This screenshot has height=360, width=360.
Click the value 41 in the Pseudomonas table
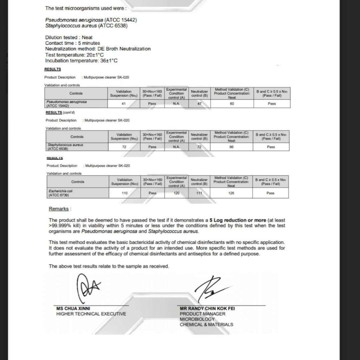(x=123, y=104)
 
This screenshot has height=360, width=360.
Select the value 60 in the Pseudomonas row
(x=232, y=104)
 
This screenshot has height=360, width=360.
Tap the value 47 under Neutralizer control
(x=199, y=104)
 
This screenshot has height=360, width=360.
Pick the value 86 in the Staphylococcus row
(x=231, y=147)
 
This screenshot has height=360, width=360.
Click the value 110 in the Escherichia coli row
(x=124, y=193)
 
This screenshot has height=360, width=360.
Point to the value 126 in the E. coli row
(x=231, y=193)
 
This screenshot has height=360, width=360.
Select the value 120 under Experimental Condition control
(x=176, y=193)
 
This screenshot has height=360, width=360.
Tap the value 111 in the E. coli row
(x=199, y=193)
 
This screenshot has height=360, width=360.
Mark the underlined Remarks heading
(x=59, y=209)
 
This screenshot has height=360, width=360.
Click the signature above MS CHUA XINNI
(x=88, y=288)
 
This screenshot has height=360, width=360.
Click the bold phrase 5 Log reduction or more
(x=238, y=220)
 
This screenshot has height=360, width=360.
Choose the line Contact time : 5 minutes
(x=72, y=43)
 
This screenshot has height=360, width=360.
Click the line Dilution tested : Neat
(x=69, y=37)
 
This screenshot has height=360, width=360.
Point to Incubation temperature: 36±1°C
(x=81, y=61)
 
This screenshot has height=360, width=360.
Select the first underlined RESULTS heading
(x=53, y=69)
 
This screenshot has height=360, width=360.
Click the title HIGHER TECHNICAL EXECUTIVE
(x=91, y=314)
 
